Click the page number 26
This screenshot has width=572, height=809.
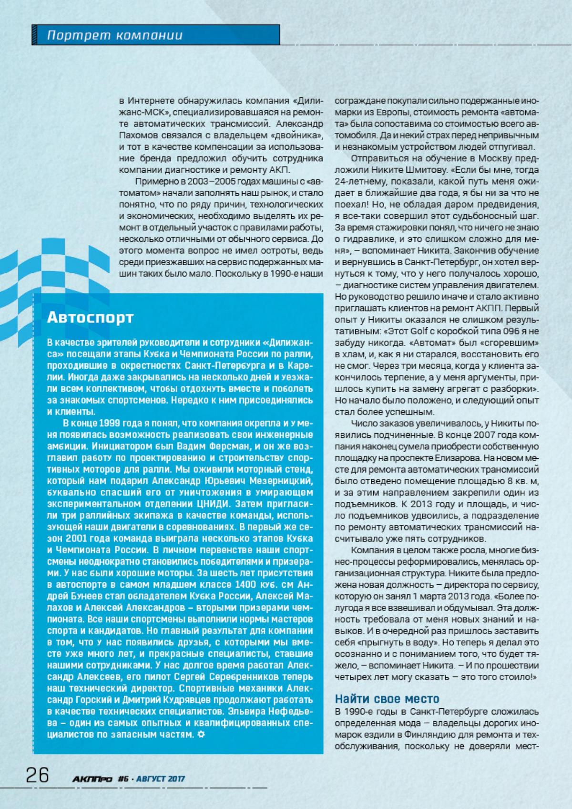37,775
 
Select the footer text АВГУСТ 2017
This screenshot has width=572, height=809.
160,779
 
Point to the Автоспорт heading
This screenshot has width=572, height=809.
91,318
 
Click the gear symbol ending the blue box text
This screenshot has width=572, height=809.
201,734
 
